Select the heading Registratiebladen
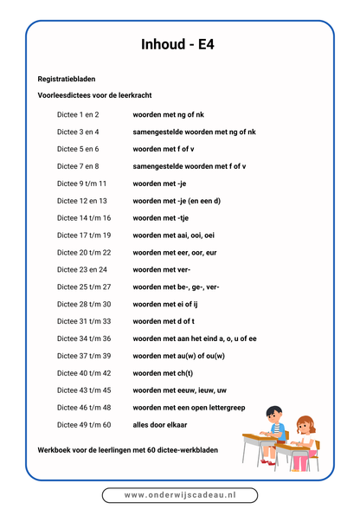(x=67, y=79)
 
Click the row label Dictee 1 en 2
(x=78, y=114)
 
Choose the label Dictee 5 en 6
(x=78, y=149)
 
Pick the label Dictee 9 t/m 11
(x=82, y=184)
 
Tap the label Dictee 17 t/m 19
(x=84, y=235)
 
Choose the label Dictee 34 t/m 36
(x=84, y=338)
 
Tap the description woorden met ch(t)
(x=163, y=373)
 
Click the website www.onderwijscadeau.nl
(x=180, y=494)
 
